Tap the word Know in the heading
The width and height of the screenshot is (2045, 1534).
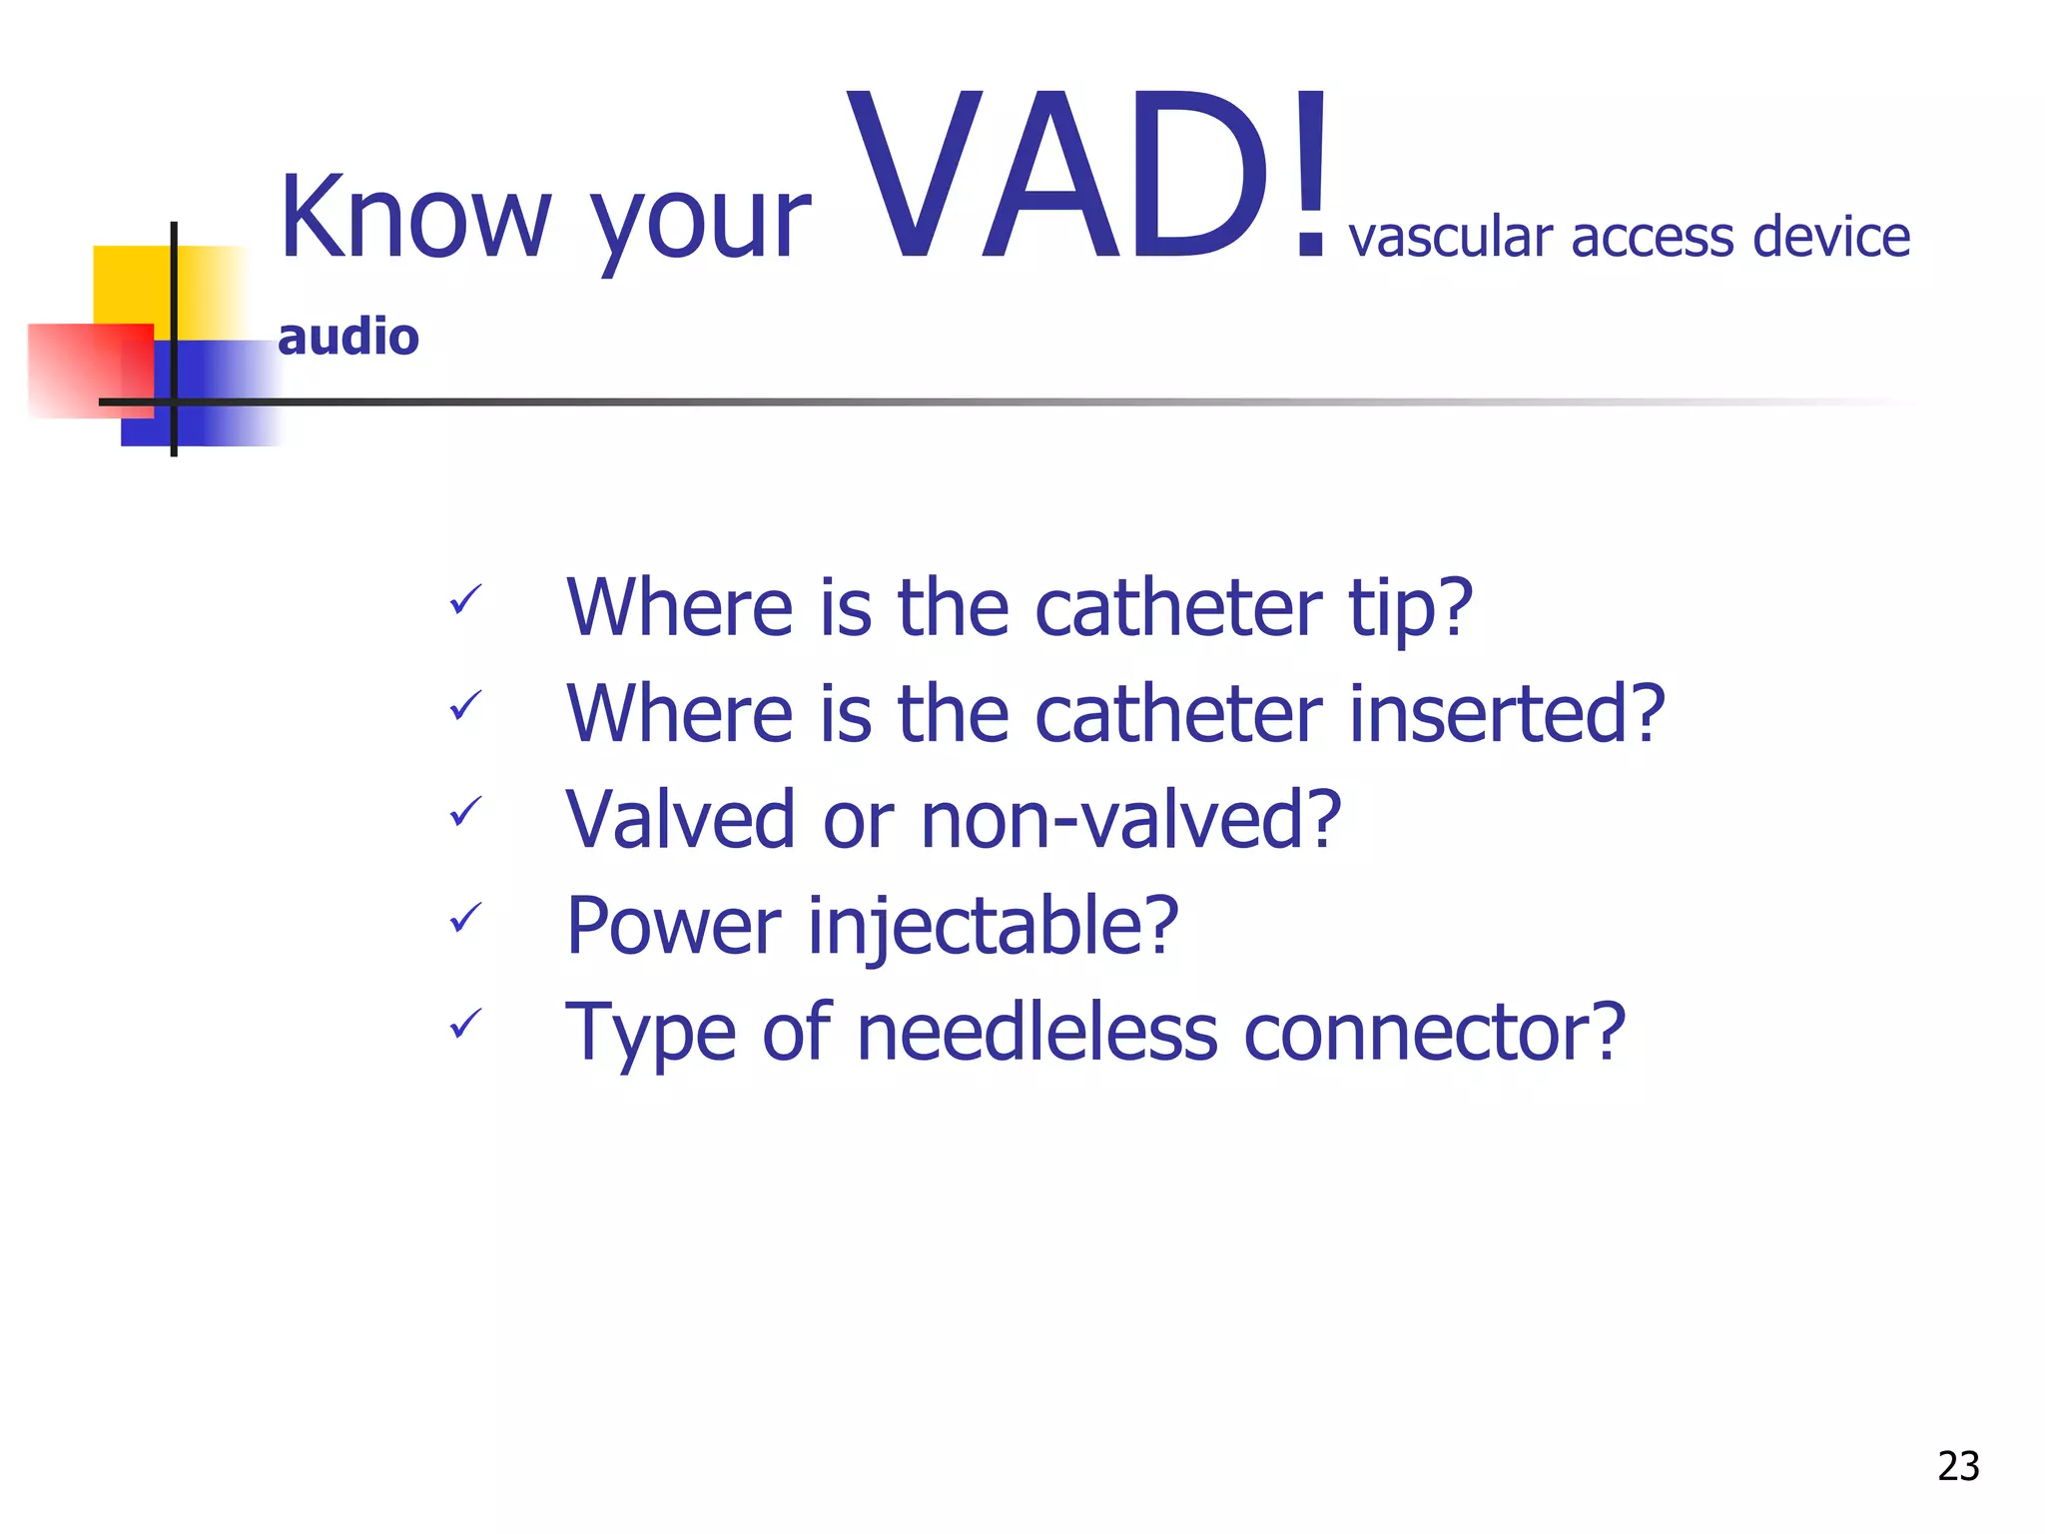(414, 218)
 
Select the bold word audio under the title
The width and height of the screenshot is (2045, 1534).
(347, 337)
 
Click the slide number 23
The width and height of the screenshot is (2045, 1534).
(1957, 1466)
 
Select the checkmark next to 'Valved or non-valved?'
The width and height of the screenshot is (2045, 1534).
(465, 812)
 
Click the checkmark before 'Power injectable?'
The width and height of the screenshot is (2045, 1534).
(465, 918)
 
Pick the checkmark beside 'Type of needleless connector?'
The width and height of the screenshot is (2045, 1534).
(465, 1024)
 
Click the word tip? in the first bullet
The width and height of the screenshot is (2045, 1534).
(1410, 609)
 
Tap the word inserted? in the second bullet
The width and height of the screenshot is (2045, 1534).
(1506, 714)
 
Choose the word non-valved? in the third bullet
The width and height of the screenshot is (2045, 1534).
(1130, 820)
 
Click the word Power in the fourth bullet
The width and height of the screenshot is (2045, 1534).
(672, 927)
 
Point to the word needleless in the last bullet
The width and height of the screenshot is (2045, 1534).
(1036, 1033)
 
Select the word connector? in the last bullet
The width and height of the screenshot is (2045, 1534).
(1434, 1033)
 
